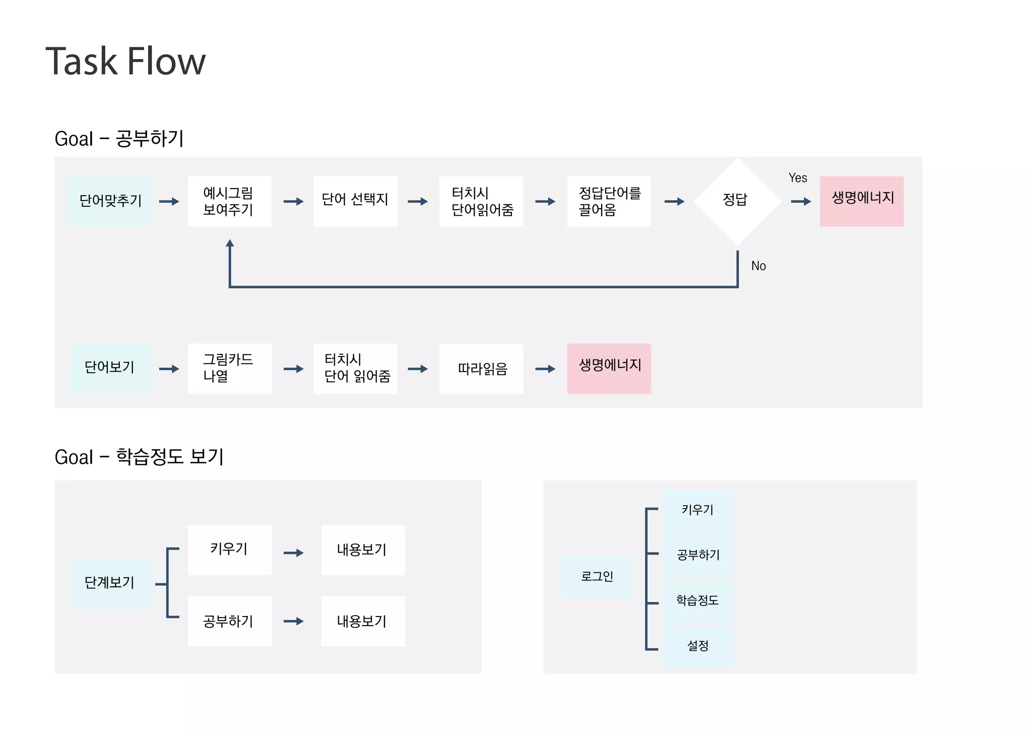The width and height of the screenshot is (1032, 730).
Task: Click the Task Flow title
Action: tap(125, 62)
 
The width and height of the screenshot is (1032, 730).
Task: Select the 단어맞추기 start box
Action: tap(109, 201)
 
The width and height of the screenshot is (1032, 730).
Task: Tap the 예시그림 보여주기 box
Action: tap(229, 201)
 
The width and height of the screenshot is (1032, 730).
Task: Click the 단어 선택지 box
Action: tap(355, 201)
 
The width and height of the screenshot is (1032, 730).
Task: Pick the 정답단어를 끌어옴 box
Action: tap(609, 201)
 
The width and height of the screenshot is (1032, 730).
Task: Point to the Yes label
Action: tap(798, 178)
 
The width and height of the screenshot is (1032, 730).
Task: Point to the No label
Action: tap(758, 266)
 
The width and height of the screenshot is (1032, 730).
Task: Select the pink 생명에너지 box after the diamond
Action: tap(861, 201)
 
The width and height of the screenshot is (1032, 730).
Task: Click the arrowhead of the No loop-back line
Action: tap(230, 243)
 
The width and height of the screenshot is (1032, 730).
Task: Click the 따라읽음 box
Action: tap(481, 369)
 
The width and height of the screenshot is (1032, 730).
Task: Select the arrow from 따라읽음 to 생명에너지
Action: tap(545, 369)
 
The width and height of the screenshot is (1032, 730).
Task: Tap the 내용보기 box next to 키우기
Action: tap(363, 550)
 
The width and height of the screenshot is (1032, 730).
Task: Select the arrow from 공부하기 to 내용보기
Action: tap(294, 621)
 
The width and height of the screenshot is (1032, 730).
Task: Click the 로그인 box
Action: tap(597, 577)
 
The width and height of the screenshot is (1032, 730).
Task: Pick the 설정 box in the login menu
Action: tap(697, 646)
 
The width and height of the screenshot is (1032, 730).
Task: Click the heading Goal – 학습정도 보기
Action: tap(139, 457)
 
